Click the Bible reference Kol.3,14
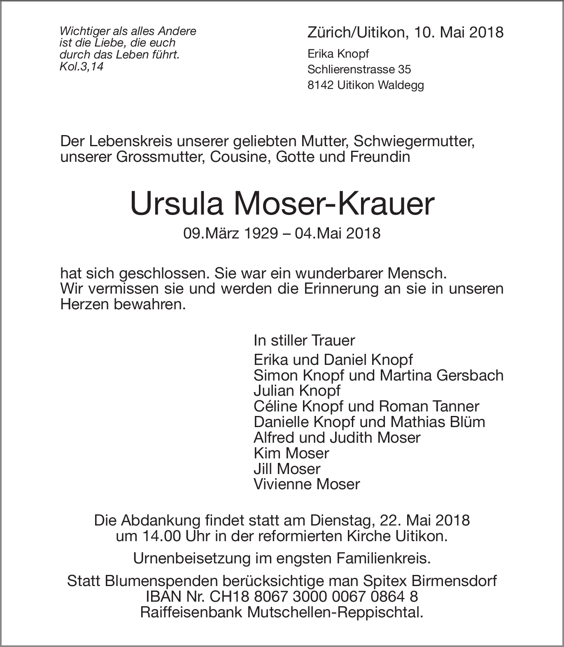pyautogui.click(x=82, y=67)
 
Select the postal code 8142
pyautogui.click(x=320, y=85)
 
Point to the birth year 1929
pyautogui.click(x=257, y=234)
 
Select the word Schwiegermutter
pyautogui.click(x=414, y=141)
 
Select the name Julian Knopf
pyautogui.click(x=297, y=390)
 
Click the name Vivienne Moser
pyautogui.click(x=307, y=484)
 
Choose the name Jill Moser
pyautogui.click(x=287, y=469)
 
